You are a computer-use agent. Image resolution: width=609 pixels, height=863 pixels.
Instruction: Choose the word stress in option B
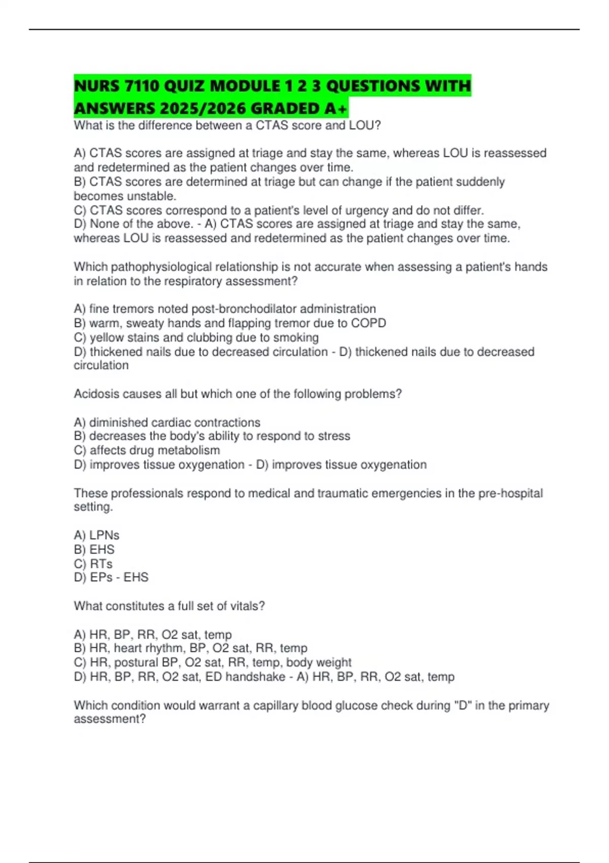pos(334,436)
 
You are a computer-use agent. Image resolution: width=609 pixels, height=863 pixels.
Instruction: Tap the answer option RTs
pos(101,563)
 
